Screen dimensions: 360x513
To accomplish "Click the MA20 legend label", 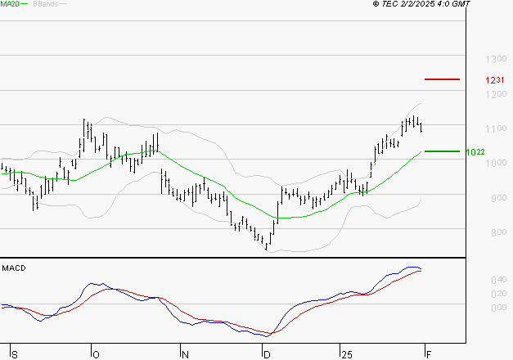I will [x=10, y=4].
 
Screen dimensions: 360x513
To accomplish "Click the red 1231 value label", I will [x=494, y=80].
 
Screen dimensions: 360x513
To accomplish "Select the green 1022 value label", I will [x=475, y=152].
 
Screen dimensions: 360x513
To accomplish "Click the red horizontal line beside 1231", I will [x=442, y=79].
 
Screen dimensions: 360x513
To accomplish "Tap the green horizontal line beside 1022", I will [x=442, y=151].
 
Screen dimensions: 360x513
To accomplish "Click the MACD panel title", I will [x=14, y=268].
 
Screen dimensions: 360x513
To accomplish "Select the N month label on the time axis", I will [x=185, y=354].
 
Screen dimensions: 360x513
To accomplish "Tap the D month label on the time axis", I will [x=265, y=354].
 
